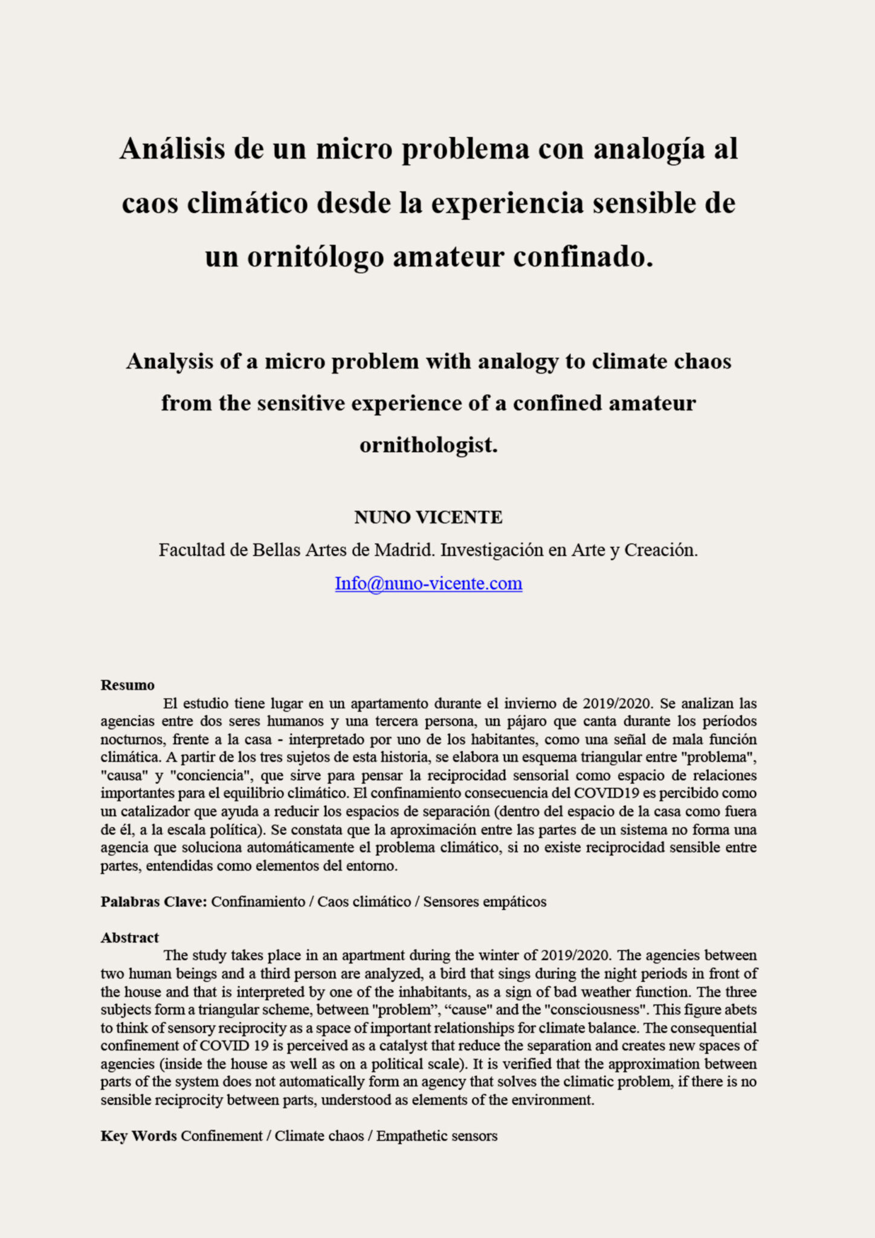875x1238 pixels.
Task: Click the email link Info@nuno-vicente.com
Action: point(428,583)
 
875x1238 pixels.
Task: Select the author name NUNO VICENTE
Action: point(428,517)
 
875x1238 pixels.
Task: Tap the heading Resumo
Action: point(128,685)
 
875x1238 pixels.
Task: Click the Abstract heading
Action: point(129,938)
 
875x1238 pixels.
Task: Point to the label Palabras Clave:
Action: point(154,902)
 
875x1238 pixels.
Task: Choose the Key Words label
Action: point(138,1136)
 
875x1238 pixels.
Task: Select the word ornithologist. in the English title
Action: point(428,446)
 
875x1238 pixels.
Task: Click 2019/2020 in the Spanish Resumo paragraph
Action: point(617,704)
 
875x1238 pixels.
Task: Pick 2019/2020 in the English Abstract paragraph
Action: point(576,956)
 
